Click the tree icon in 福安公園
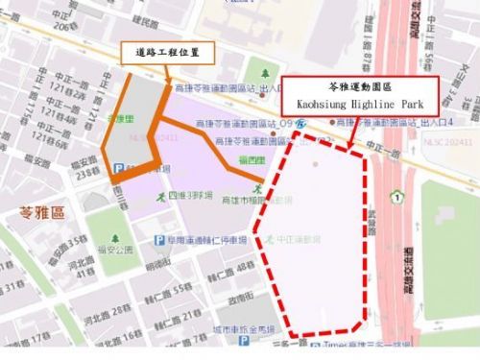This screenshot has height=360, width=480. point(114,238)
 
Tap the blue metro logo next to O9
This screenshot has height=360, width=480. point(301,123)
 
